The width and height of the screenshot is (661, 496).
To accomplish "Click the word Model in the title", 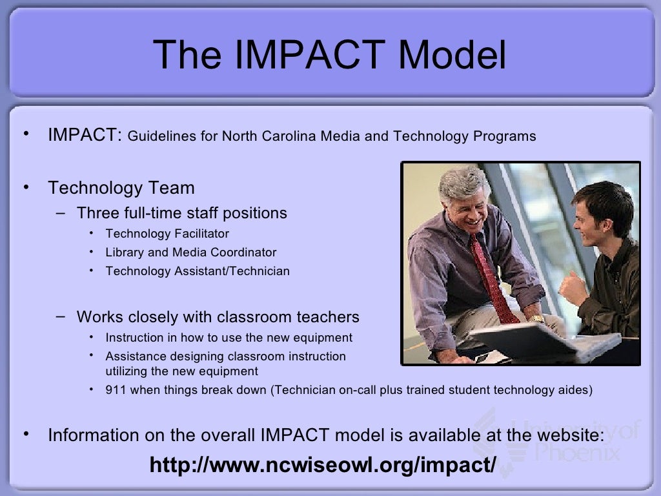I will pos(453,55).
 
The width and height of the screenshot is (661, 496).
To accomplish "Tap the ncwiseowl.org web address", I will pos(323,464).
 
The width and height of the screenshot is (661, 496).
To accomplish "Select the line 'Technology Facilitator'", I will pos(167,234).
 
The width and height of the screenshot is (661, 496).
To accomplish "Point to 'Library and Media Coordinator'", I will pos(191,253).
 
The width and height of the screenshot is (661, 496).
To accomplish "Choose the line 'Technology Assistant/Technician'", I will pos(198,271).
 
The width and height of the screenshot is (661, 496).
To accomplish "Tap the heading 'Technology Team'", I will pos(121,188).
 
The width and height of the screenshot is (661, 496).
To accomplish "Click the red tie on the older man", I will pos(494,278).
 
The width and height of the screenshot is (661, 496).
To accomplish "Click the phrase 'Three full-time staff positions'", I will pos(182,213).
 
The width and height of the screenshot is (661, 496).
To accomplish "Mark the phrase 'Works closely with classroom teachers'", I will pos(218,317).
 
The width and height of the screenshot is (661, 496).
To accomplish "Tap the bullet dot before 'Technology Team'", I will pos(26,187).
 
